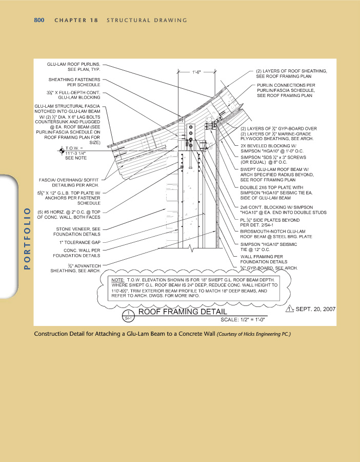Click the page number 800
coord(40,21)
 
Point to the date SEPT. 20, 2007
coord(315,310)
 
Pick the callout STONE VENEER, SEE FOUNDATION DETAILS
coord(78,231)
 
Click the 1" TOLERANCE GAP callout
coord(79,242)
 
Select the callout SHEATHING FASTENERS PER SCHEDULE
coord(75,82)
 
